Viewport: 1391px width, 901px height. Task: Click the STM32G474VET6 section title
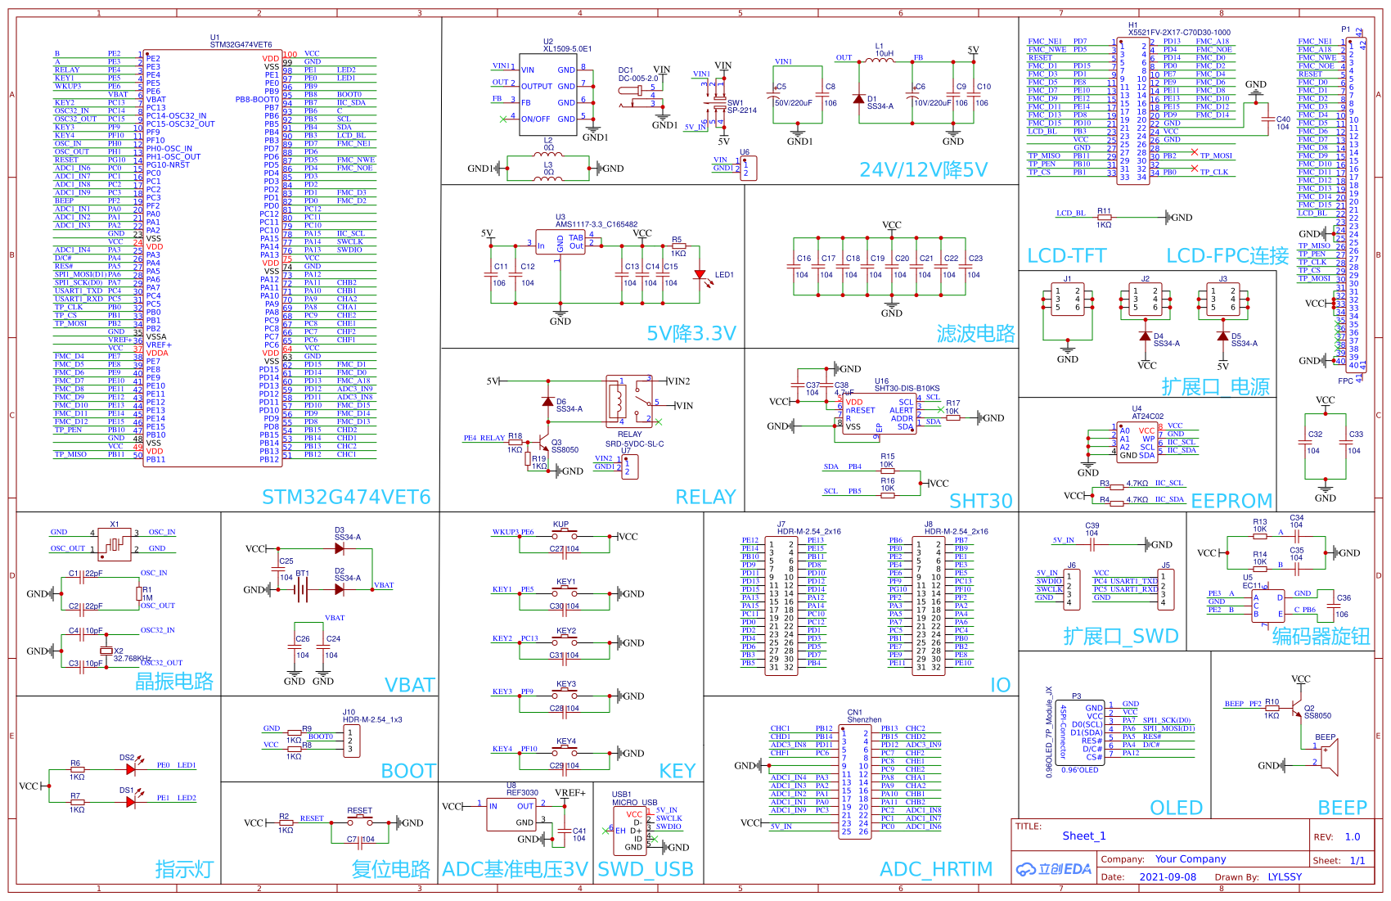click(345, 497)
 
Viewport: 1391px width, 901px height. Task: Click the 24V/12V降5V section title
click(923, 169)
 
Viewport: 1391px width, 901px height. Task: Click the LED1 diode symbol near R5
click(700, 276)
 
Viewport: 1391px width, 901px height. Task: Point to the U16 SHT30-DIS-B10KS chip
click(879, 413)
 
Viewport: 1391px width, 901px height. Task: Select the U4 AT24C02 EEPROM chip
click(1137, 441)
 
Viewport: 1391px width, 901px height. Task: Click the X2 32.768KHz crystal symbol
click(105, 651)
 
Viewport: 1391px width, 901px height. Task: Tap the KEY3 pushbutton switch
click(566, 692)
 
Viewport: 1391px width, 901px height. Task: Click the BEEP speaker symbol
click(1330, 755)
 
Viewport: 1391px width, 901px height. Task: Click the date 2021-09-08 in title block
click(1167, 876)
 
